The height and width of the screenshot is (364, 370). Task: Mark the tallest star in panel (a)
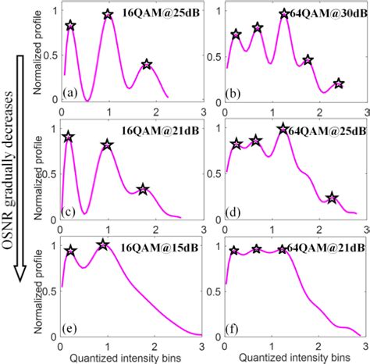tap(108, 15)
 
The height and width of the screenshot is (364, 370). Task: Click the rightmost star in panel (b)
tap(338, 84)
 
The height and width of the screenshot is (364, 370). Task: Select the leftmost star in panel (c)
tap(69, 137)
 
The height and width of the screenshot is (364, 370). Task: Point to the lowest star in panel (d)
tap(332, 198)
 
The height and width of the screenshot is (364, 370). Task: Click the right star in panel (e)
tap(102, 244)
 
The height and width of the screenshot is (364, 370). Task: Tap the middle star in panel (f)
tap(256, 249)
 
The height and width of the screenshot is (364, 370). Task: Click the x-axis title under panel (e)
tap(130, 357)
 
